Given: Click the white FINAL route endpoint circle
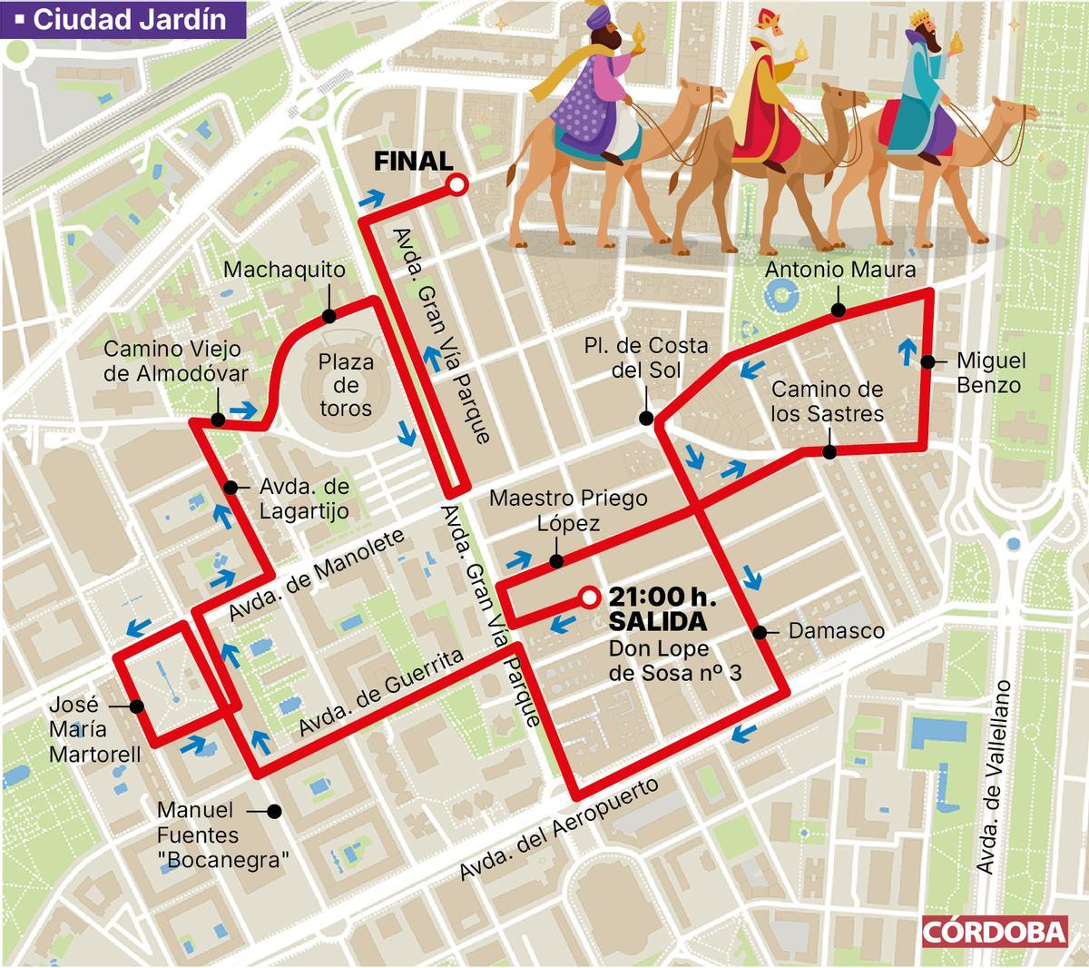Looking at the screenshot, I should (457, 186).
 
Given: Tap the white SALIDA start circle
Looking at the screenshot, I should (589, 597).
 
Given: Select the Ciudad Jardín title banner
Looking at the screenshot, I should (123, 19).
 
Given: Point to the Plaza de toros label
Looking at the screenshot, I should (345, 385).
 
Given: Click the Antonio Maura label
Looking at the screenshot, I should (839, 270).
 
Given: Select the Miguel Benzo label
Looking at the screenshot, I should (990, 372).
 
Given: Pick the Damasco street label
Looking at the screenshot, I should (837, 631).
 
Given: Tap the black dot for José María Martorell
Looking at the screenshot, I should (135, 706).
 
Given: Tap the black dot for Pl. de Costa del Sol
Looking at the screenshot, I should (646, 419).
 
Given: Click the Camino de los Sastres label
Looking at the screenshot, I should (827, 401).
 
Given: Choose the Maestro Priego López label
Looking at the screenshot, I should (568, 510).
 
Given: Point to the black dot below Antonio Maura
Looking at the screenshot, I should (839, 311).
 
